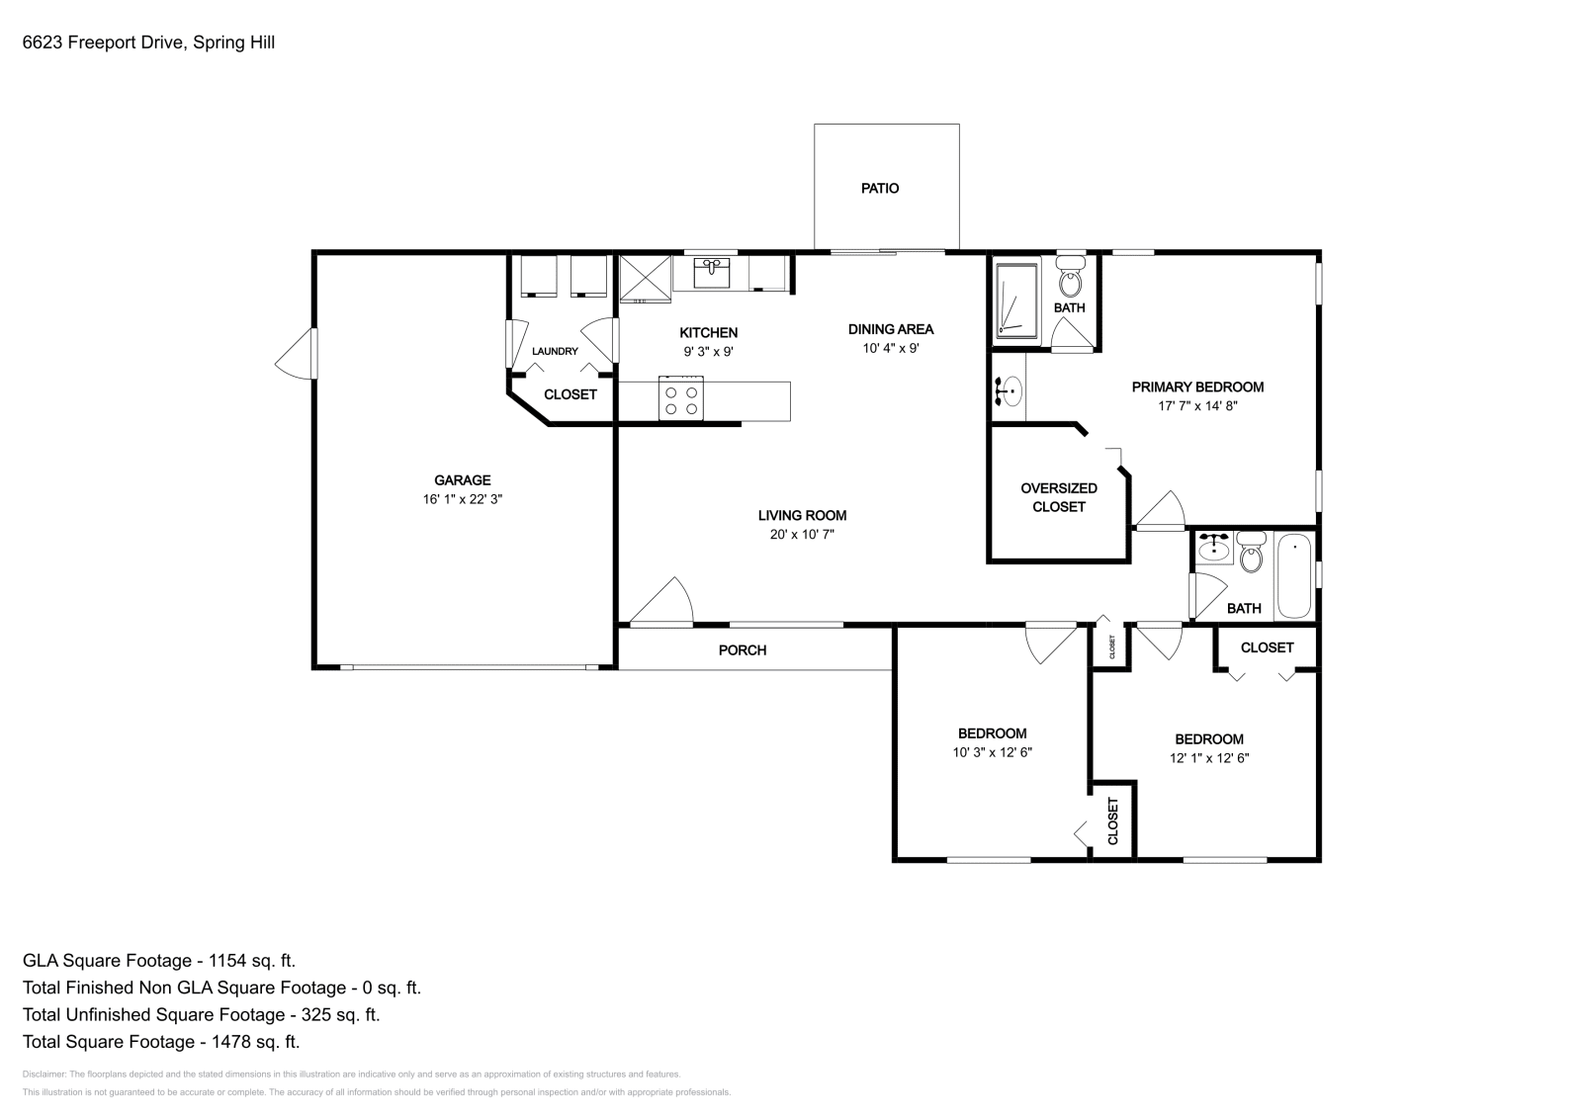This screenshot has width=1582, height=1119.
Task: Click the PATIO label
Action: coord(879,188)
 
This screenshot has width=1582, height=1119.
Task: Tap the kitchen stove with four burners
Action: coord(680,398)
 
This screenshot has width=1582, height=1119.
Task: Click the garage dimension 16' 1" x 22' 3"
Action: coord(463,500)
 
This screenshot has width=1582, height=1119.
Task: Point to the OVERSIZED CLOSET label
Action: coord(1059,497)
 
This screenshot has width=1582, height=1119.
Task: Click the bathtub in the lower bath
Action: coord(1293,575)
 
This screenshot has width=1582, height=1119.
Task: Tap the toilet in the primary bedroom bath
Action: coord(1069,281)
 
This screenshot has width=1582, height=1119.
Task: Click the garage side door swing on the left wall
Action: coord(296,353)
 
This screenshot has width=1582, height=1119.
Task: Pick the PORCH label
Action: coord(742,649)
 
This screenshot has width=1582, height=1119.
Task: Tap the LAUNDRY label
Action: coord(555,351)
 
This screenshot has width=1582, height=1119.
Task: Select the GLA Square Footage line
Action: coord(159,960)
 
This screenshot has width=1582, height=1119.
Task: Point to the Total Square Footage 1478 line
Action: coord(161,1041)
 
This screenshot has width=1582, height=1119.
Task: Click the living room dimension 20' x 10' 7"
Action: coord(802,535)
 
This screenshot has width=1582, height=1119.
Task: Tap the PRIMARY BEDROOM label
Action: coord(1197,387)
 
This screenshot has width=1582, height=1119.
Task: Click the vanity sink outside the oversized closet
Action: coord(1008,390)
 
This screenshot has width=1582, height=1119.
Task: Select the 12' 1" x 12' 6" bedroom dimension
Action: coord(1208,758)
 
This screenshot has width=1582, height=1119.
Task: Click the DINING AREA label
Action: coord(890,329)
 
